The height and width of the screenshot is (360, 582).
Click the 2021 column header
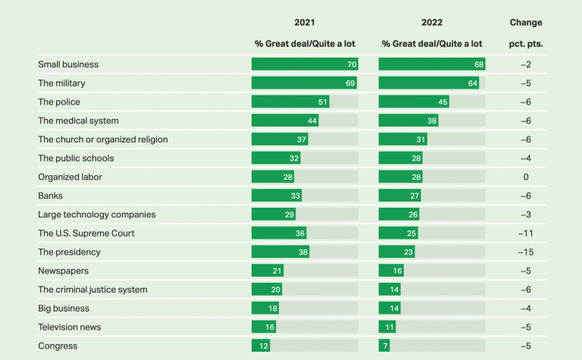305,23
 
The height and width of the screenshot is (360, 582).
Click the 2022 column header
431,23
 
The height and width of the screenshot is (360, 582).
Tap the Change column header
526,23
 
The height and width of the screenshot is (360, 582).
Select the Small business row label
68,64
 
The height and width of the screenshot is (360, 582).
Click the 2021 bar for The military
304,83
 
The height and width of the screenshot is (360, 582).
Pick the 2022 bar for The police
414,102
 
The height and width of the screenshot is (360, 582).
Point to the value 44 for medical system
311,121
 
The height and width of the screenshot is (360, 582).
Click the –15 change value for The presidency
526,252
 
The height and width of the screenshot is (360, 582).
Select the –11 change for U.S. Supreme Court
526,233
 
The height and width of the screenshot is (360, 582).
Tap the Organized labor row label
70,177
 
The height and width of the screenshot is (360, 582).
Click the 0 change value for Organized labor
526,177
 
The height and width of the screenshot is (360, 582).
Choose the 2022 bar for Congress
384,346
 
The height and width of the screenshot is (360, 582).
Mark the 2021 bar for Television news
264,327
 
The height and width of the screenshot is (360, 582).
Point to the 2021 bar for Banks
277,196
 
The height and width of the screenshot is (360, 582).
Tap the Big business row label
64,308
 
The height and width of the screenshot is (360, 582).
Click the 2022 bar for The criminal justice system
390,290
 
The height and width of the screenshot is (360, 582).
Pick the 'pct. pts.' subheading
526,44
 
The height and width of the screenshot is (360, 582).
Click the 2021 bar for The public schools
276,158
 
